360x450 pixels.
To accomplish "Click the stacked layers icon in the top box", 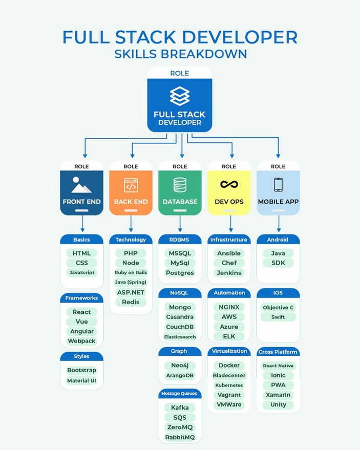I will coord(180,96).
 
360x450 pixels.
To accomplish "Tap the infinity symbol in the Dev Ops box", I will coord(229,184).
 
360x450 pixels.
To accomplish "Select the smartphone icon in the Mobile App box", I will coord(278,184).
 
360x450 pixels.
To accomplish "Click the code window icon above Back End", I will coord(131,185).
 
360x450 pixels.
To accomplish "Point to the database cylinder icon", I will coord(180,184).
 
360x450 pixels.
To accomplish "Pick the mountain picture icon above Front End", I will coord(81,184).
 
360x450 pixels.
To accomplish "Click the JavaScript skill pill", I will coord(81,272).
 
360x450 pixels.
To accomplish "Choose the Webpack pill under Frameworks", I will coord(81,341).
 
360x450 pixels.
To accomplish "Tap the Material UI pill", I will coord(81,380).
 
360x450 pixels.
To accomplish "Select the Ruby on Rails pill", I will coord(131,272).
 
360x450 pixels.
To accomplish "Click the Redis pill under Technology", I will coord(131,302).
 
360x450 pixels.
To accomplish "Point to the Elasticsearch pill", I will coord(180,336).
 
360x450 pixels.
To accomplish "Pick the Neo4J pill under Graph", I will coord(180,366).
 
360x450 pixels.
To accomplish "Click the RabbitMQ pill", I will coord(180,437).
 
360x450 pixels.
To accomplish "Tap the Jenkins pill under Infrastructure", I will coord(229,273).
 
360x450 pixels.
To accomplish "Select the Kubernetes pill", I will coord(229,385).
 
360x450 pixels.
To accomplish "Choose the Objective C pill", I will coord(278,307).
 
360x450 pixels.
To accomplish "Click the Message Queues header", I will coord(180,393).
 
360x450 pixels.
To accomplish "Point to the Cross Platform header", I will coord(278,352).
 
